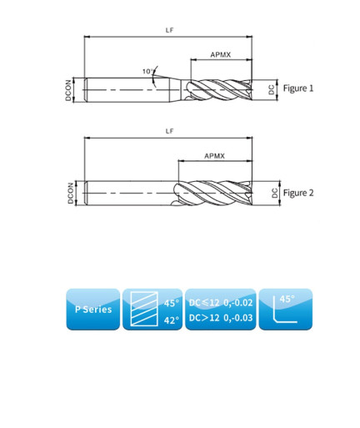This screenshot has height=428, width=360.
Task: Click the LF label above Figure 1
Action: [169, 30]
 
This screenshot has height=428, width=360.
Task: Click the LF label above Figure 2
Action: [169, 131]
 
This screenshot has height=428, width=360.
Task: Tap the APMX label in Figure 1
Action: [221, 54]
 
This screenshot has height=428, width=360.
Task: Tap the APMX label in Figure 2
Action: [214, 156]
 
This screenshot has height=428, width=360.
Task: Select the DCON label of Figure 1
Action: [68, 90]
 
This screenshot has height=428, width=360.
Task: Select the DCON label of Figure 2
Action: [71, 193]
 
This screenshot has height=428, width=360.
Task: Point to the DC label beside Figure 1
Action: [272, 90]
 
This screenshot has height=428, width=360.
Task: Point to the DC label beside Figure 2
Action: [274, 193]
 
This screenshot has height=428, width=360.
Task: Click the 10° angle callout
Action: [148, 72]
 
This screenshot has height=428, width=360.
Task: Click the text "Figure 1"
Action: [298, 88]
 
